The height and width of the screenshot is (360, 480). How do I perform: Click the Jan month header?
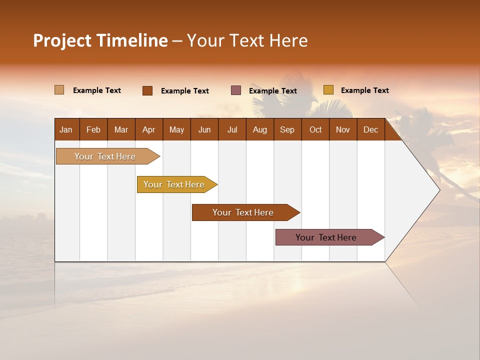[x=66, y=129]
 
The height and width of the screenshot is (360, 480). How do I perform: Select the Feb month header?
[x=93, y=129]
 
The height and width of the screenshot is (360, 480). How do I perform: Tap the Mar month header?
[x=121, y=129]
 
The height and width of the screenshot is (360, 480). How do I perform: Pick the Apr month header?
[x=149, y=129]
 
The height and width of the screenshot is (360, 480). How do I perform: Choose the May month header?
[x=176, y=129]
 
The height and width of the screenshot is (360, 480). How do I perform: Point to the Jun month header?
[x=204, y=129]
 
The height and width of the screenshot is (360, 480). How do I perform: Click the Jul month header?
[x=232, y=129]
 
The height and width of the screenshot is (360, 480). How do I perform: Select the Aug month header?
[x=260, y=129]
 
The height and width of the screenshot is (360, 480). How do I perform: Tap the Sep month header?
[x=287, y=129]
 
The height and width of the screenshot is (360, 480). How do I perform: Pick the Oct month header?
[x=315, y=129]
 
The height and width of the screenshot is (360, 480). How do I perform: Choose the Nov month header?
[x=343, y=129]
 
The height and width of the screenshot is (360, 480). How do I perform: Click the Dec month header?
[x=371, y=129]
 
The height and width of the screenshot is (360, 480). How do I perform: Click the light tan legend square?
[x=59, y=90]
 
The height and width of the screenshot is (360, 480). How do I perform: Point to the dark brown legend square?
[x=147, y=90]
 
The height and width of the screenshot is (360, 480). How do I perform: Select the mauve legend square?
[x=236, y=90]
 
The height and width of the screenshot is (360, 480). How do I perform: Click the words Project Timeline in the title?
[x=100, y=40]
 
